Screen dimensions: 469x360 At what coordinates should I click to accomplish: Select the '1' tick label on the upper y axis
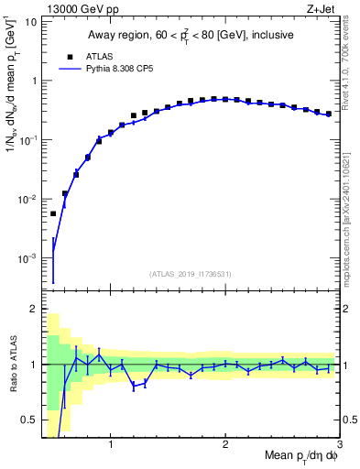tap(33, 81)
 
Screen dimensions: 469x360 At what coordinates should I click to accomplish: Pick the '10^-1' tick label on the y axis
tap(27, 139)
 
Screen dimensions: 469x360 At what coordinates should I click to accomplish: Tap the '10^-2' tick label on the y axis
tap(27, 199)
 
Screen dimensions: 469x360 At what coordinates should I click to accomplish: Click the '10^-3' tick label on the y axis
tap(27, 258)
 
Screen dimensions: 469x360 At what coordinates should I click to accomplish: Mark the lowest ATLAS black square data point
tap(53, 213)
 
